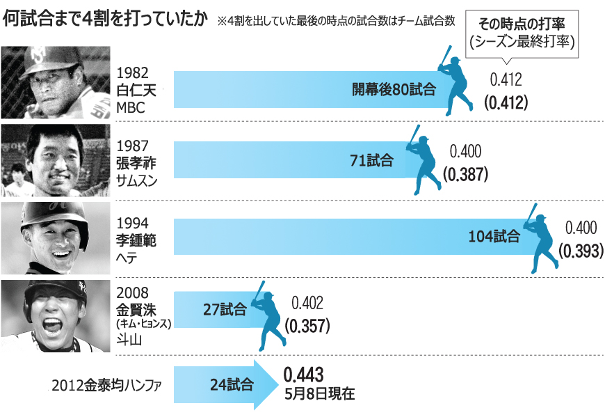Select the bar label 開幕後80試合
(x=393, y=89)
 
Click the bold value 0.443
(x=302, y=375)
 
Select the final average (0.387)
(x=465, y=174)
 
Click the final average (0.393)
(x=581, y=250)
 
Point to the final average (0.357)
(x=307, y=324)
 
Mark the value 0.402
(x=307, y=304)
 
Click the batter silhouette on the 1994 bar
(x=540, y=237)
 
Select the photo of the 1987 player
(x=56, y=162)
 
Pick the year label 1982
(x=131, y=72)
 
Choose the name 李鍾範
(x=136, y=240)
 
